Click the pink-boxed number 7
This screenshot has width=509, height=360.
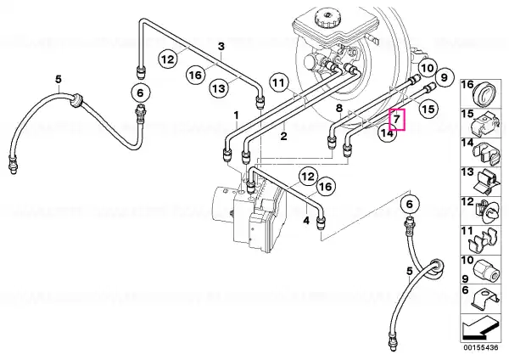tap(397, 119)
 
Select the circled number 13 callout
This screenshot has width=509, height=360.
tap(219, 88)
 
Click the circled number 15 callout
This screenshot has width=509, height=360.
tap(428, 110)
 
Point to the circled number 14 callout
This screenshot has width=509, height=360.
tap(388, 132)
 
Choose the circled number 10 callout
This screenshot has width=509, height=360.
tap(428, 68)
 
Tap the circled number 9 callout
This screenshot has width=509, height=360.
tap(444, 77)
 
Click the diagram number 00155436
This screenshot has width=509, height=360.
tap(481, 347)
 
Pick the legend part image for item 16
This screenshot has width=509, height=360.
tap(484, 93)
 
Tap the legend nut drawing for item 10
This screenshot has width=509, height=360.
tap(485, 269)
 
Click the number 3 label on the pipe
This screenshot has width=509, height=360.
tap(221, 46)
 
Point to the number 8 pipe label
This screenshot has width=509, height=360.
tap(338, 108)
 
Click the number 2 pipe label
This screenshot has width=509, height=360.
tap(283, 136)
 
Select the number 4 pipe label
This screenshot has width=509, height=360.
tap(306, 221)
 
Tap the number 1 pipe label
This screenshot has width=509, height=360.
tap(237, 115)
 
